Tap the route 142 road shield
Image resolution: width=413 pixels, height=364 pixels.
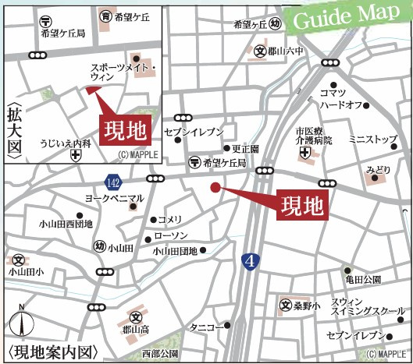pos(114,181)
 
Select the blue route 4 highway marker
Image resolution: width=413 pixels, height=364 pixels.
pos(250,261)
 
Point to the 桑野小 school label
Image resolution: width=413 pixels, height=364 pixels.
pos(306,306)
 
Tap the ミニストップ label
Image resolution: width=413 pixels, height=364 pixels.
pos(372,140)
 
